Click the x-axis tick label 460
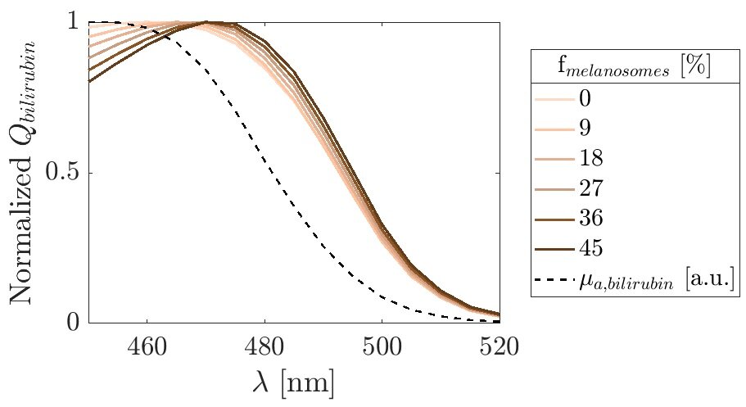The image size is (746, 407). click(x=147, y=346)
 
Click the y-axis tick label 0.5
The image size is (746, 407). click(x=61, y=173)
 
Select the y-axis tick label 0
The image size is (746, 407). click(x=74, y=323)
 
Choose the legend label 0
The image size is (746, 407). click(x=584, y=99)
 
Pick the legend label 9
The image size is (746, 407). click(x=584, y=129)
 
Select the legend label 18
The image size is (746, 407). click(x=591, y=158)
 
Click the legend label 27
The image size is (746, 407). click(x=591, y=188)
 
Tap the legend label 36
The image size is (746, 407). click(x=591, y=218)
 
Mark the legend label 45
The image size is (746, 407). click(x=591, y=247)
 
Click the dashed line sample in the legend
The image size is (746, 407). click(x=553, y=281)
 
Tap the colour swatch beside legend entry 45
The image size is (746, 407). click(x=553, y=247)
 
